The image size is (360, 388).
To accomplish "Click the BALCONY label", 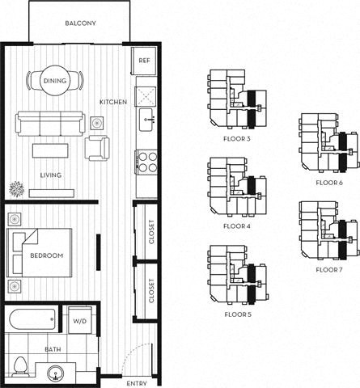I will pos(80,23).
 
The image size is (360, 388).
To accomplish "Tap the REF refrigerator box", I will pos(144,61).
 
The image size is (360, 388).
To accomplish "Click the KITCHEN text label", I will pos(112,102).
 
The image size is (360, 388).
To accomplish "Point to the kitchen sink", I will pos(146,122).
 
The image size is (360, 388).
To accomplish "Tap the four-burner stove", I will pos(146,162).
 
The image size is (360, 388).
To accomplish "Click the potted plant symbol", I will pos(17,190).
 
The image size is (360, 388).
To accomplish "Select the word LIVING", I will pos(52,174).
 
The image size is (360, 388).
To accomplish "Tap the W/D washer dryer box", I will pos(81,321).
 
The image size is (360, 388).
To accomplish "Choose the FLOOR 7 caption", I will pos(329,268).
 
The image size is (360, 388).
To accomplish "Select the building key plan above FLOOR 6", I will pos(328,145).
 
